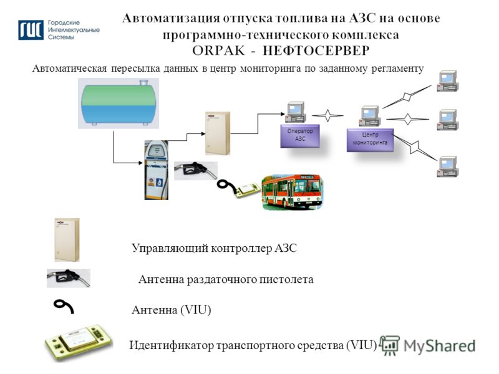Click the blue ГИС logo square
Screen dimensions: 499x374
31,30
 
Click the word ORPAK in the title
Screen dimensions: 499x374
219,50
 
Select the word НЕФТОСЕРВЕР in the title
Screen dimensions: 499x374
316,50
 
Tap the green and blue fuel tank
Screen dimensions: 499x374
119,103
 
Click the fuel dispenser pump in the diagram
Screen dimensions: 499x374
157,170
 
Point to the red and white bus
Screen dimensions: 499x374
292,191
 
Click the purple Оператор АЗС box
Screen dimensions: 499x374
300,136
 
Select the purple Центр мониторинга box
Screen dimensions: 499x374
370,140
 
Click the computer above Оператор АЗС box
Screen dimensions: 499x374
296,112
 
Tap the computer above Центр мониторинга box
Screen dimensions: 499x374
370,116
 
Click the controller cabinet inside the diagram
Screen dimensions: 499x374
218,133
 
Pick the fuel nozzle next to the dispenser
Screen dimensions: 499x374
196,170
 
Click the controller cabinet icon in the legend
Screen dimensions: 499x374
67,240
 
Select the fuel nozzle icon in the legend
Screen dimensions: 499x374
69,278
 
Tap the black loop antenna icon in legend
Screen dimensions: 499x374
64,306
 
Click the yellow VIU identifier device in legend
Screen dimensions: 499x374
79,342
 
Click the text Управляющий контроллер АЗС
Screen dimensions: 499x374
214,248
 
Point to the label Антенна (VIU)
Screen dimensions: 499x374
171,310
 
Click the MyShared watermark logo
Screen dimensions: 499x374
427,346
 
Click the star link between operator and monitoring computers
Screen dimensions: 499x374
328,115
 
